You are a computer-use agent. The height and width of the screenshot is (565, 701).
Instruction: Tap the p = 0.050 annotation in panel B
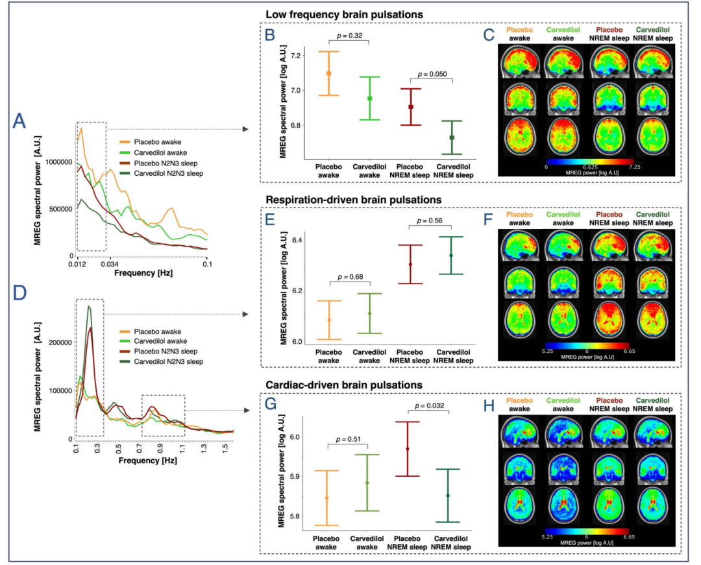432,75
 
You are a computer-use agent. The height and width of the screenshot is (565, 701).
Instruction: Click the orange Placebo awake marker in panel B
328,73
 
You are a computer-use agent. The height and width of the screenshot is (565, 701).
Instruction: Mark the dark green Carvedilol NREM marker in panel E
450,255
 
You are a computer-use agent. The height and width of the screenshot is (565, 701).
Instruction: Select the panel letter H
491,405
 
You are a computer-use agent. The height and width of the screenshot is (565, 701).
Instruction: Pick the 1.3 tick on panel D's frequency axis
204,448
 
